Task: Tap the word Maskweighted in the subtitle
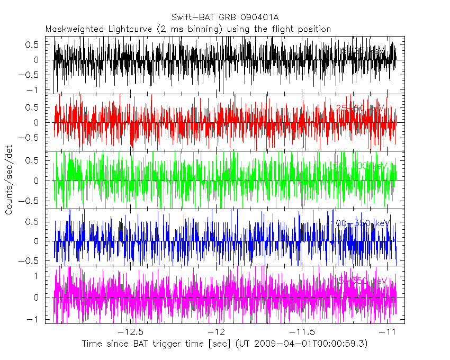pyautogui.click(x=71, y=29)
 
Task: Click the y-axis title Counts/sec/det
pyautogui.click(x=9, y=181)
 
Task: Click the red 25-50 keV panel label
pyautogui.click(x=360, y=109)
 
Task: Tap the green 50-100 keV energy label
pyautogui.click(x=360, y=166)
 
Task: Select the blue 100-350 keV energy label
pyautogui.click(x=362, y=223)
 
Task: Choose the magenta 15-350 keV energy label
pyautogui.click(x=360, y=280)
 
